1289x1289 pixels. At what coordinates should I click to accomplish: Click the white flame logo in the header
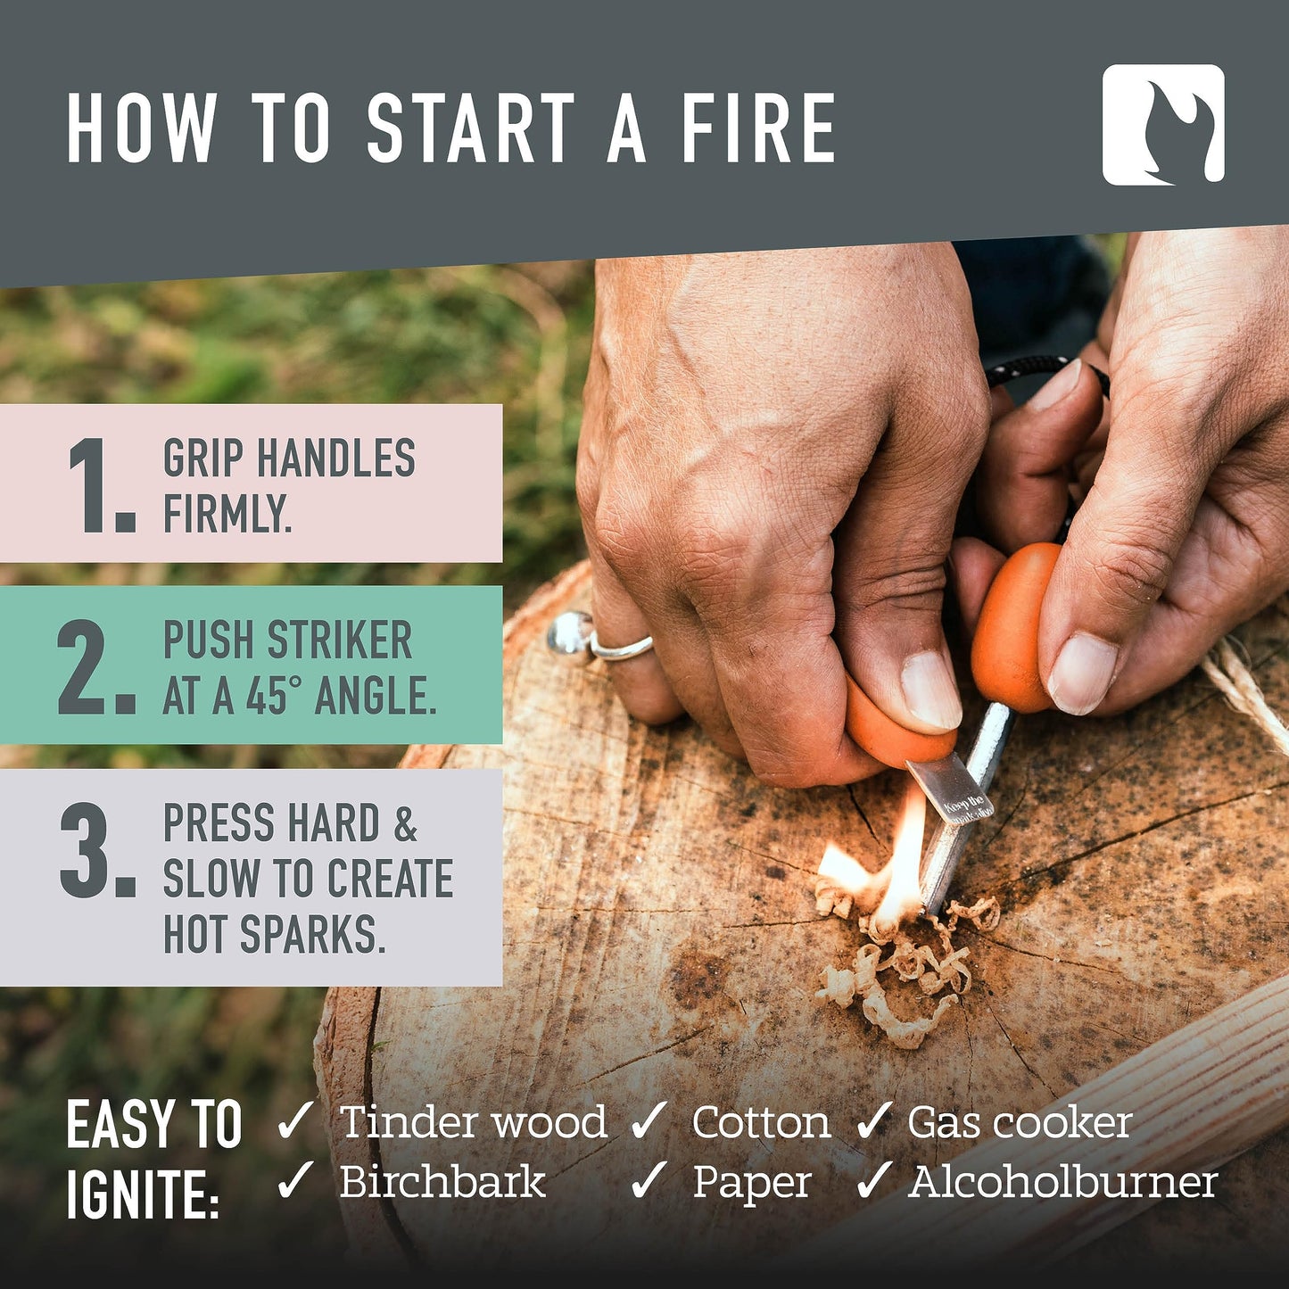pos(1163,125)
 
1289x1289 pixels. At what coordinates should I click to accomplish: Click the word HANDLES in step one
pos(335,459)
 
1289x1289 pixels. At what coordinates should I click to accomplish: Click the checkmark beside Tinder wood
pos(295,1121)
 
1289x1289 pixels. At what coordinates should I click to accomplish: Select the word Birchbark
pos(442,1183)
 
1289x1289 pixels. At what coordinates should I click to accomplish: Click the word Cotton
pos(760,1122)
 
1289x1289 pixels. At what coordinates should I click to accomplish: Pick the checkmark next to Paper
pos(649,1182)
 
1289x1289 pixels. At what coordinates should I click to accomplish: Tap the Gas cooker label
pos(1020,1122)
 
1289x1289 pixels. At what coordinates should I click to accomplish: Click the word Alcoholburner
pos(1063,1183)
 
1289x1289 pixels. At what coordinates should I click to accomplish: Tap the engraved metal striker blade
pos(950,789)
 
